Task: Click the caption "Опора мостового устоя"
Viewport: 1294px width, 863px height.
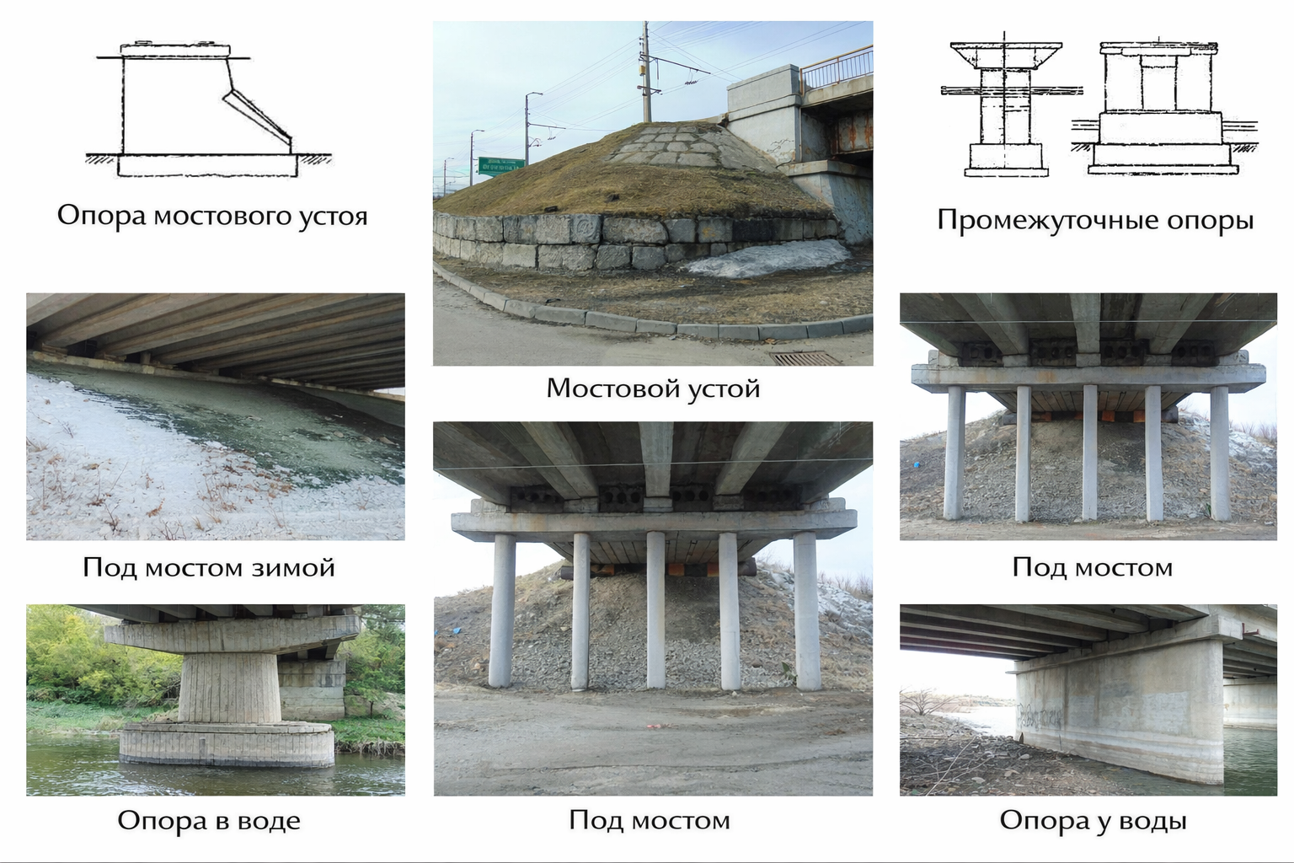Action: tap(212, 216)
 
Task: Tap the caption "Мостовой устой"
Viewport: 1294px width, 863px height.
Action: tap(653, 389)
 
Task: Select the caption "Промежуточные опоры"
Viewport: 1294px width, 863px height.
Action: tap(1095, 221)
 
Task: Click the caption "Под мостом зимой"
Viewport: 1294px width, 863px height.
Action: tap(209, 567)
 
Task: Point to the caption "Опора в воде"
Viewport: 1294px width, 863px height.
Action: tap(209, 821)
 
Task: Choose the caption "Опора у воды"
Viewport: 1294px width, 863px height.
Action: tap(1093, 821)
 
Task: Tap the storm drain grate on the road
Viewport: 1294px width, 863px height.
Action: tap(805, 358)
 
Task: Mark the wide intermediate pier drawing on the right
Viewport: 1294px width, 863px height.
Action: tap(1161, 107)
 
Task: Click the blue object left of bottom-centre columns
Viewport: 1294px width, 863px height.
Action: tap(457, 630)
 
